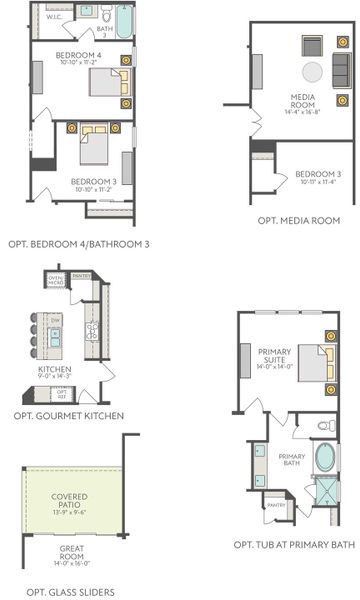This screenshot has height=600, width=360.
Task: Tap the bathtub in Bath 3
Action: [x=124, y=21]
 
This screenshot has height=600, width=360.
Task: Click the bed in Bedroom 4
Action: [x=107, y=82]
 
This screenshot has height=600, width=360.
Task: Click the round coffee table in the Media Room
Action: [x=313, y=71]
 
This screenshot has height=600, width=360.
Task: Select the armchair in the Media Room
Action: [x=310, y=46]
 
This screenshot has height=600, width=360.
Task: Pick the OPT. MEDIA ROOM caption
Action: [x=298, y=220]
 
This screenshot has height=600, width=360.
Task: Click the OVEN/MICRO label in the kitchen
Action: [x=56, y=281]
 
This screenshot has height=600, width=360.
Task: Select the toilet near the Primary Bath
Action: [x=324, y=426]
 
